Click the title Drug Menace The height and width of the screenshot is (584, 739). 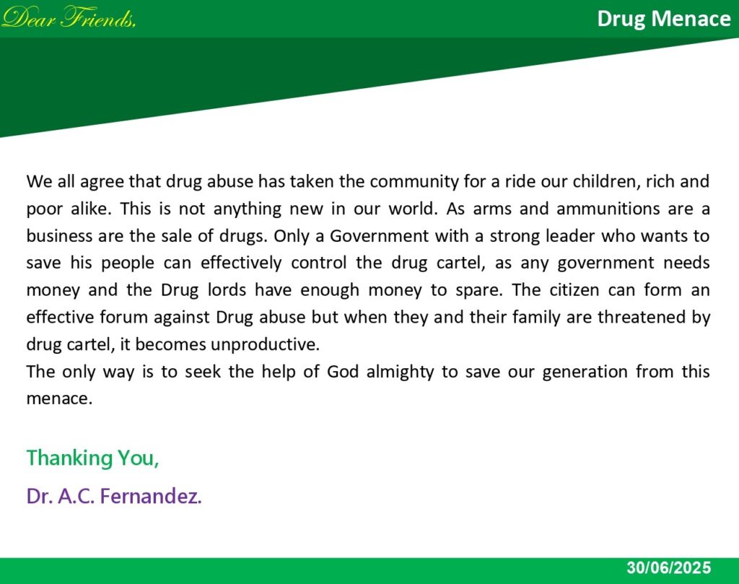coord(664,19)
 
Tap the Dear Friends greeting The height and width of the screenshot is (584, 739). coord(69,18)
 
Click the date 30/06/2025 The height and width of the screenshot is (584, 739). coord(668,567)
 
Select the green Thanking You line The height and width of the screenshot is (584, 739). coord(93,458)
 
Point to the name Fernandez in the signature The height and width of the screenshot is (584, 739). coord(151,496)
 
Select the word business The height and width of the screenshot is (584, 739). coord(59,235)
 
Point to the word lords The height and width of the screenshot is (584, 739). coord(227,290)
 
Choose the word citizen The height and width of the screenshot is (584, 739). coord(574,290)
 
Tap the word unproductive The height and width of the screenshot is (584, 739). coord(265,345)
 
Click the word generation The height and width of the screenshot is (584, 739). coord(585,372)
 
